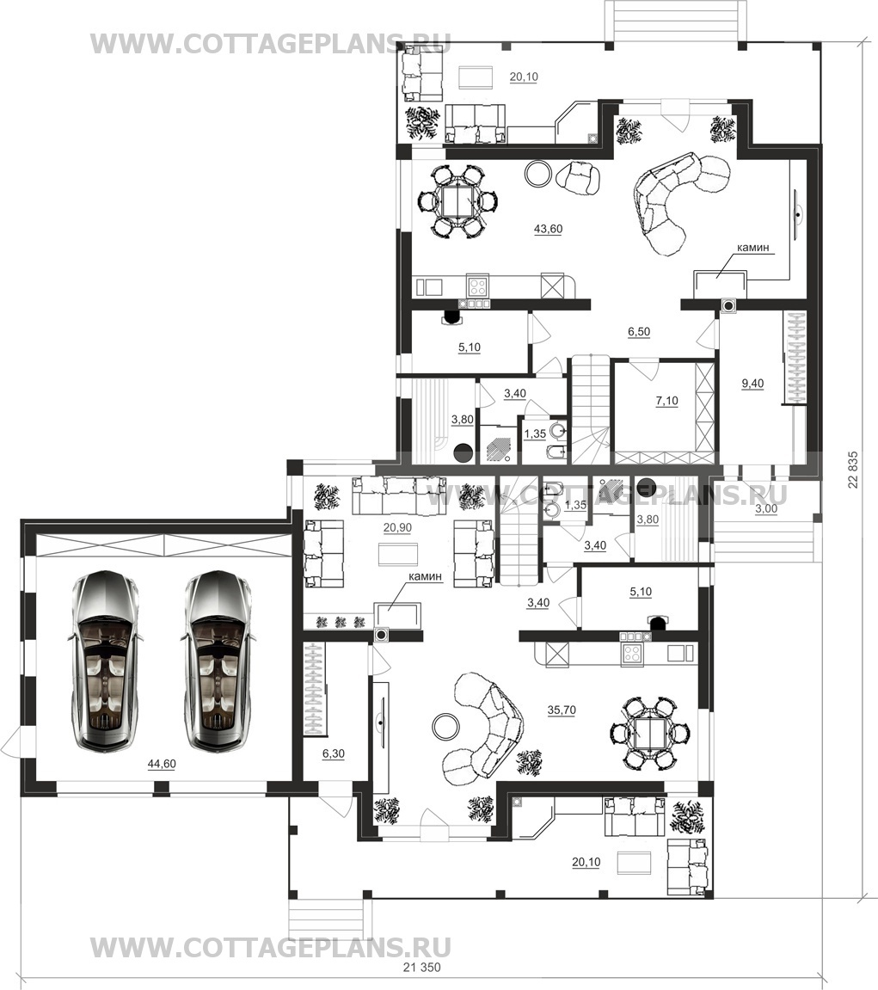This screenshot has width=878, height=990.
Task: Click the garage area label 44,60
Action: tap(162, 764)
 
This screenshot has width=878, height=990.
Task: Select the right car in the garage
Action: tap(218, 661)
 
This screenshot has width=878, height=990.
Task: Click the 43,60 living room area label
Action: tap(548, 229)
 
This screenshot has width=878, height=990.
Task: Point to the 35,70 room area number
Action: tap(562, 710)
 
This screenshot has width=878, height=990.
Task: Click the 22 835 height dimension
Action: tap(853, 470)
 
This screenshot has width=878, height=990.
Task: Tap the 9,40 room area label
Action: tap(752, 384)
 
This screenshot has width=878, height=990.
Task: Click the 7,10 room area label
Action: tap(666, 401)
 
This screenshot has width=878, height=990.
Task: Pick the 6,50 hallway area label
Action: tap(639, 332)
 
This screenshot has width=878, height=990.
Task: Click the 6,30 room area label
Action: tap(334, 753)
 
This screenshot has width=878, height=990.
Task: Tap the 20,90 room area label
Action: tap(397, 528)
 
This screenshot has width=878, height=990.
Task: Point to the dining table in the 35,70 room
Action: tap(649, 733)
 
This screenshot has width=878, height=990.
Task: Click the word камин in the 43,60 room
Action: tap(753, 248)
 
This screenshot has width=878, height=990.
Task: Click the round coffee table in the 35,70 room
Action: tap(446, 726)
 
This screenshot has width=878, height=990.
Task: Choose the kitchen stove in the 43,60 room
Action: tap(477, 287)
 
